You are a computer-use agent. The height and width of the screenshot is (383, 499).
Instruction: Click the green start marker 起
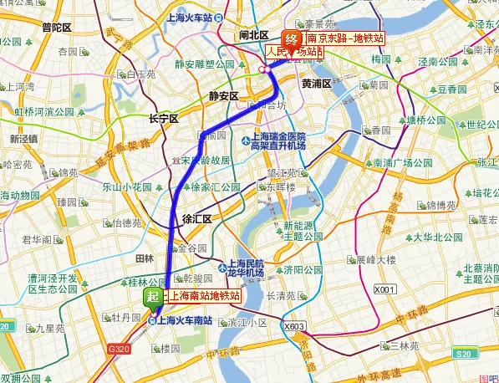[153, 297]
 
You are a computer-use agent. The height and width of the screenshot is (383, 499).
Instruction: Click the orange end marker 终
[292, 38]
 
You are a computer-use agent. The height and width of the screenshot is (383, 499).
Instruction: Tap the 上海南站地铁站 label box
[204, 296]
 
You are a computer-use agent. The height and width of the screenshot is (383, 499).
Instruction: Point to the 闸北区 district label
[253, 35]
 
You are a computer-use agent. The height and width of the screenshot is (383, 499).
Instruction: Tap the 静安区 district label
[223, 96]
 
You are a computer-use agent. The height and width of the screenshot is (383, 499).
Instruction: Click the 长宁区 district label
[163, 119]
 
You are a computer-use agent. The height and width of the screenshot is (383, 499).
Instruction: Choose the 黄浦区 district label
[317, 84]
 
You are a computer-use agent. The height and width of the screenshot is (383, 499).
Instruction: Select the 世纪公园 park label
[478, 125]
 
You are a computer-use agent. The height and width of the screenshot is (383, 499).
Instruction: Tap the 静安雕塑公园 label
[203, 64]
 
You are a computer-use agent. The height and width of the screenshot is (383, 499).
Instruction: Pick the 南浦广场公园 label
[400, 163]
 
